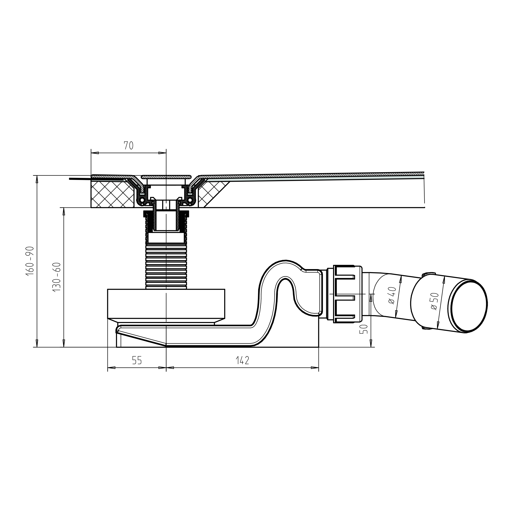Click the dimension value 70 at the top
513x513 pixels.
[x=128, y=145]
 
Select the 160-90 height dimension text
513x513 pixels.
[x=30, y=261]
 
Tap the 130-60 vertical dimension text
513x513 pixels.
[x=57, y=277]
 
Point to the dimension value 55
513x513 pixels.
[x=137, y=360]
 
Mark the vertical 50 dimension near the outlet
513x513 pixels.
[x=365, y=329]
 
